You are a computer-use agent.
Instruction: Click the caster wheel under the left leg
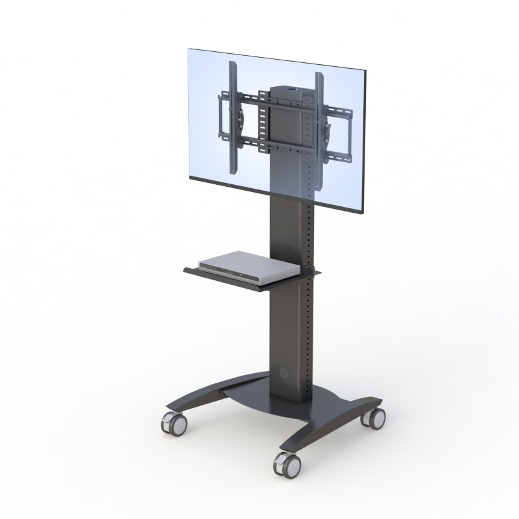pos(174,424)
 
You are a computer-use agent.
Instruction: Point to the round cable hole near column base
pos(284,374)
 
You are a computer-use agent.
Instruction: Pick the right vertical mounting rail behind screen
pos(319,117)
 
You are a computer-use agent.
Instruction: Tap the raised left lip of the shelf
pos(188,267)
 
